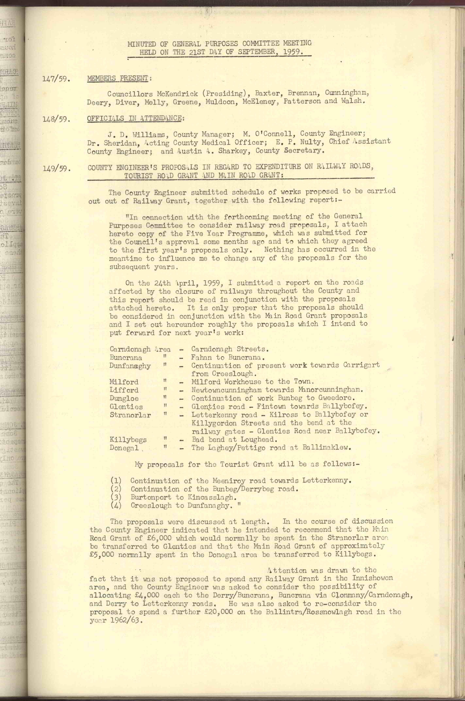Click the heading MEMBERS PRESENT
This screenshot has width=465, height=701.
118,78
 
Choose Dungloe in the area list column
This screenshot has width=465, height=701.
124,398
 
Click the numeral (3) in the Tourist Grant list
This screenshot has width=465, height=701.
116,497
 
